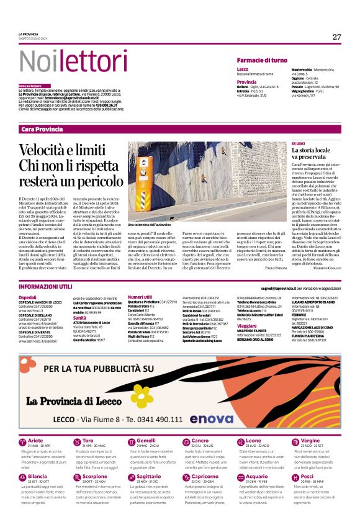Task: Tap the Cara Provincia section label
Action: click(42, 128)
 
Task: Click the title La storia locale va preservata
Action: click(315, 154)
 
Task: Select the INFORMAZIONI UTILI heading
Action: click(45, 289)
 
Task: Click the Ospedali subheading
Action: click(27, 298)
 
